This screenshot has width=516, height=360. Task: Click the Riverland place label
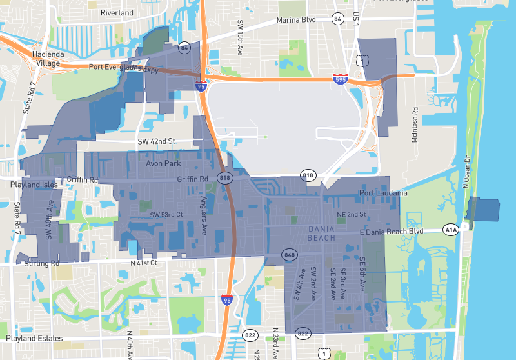(117, 12)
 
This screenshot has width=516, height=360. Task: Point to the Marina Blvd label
(296, 20)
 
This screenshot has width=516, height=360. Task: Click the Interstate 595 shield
(341, 79)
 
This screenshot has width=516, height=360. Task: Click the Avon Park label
(163, 163)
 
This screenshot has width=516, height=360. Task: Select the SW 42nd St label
(157, 141)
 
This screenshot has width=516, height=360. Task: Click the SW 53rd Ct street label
(167, 214)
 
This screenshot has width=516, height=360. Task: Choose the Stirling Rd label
(42, 263)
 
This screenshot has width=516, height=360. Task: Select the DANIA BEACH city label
(322, 233)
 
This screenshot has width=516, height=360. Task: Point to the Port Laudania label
(383, 193)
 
